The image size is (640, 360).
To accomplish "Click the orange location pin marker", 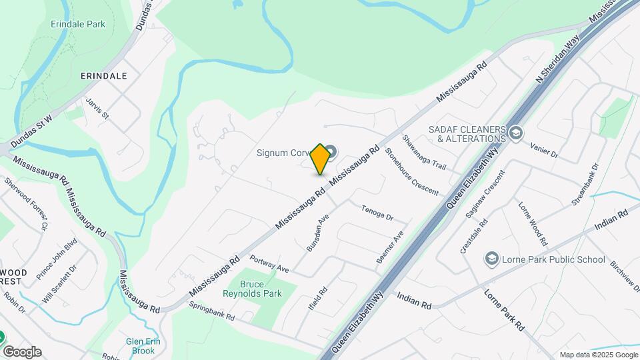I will click(x=321, y=159).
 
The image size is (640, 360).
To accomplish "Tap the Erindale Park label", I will click(x=78, y=24).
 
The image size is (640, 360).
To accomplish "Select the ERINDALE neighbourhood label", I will click(x=103, y=76).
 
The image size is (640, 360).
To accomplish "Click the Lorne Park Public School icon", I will click(x=491, y=259).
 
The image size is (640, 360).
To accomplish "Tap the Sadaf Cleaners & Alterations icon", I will click(x=515, y=133).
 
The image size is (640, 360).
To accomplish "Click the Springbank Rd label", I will click(x=212, y=311).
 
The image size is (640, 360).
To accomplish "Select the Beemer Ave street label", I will click(x=390, y=247).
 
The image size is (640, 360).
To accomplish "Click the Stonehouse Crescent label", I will click(x=411, y=171).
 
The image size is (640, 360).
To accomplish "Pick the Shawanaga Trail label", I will click(x=423, y=152).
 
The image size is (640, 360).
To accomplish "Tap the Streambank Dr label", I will click(x=585, y=183).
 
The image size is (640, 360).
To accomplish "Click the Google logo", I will click(x=22, y=351).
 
